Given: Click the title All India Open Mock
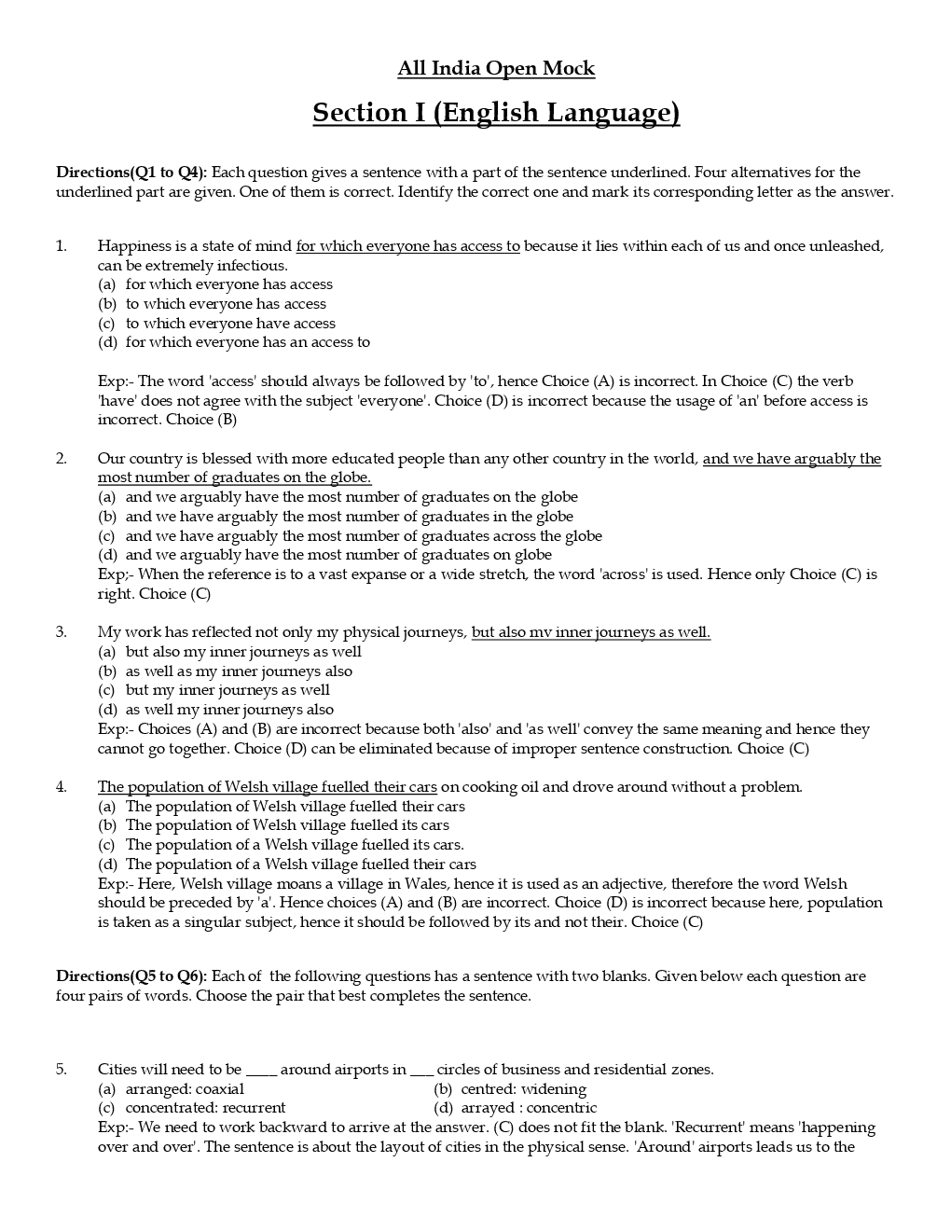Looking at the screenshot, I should [496, 68].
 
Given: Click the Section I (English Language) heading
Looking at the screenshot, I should [496, 113].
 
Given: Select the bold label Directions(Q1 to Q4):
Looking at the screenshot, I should [131, 173].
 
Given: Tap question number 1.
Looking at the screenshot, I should [62, 246].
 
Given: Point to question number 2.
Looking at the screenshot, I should [62, 459].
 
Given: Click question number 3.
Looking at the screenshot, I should [62, 632].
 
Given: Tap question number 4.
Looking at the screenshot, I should [62, 787].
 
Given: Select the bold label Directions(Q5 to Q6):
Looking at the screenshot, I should [131, 976].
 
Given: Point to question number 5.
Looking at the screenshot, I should [62, 1070].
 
